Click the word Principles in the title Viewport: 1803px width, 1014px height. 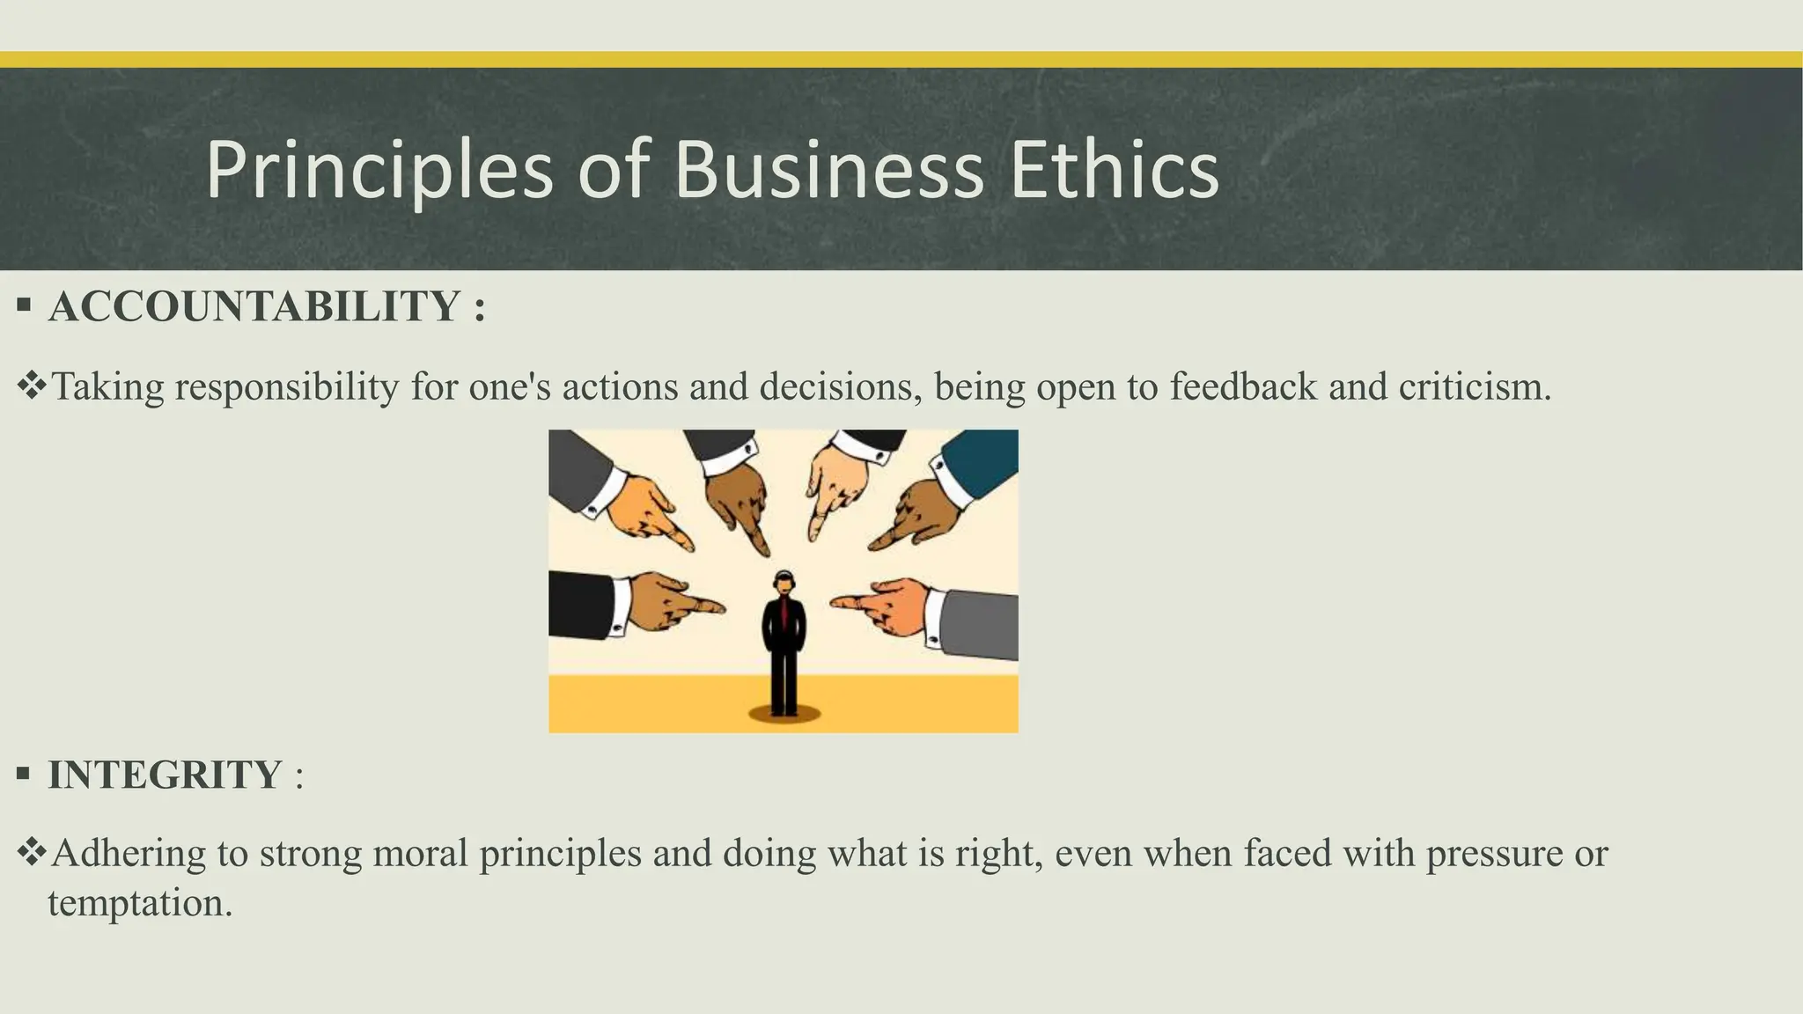click(379, 170)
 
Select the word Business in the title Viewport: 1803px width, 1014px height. click(828, 170)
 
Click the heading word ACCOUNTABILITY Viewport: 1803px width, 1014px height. click(254, 307)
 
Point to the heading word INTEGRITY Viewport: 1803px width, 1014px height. click(165, 775)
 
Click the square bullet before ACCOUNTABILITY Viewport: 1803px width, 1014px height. click(24, 306)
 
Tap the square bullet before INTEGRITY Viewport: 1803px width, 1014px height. click(24, 775)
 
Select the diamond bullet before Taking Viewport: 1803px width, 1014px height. click(32, 386)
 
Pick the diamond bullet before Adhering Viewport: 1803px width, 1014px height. click(32, 852)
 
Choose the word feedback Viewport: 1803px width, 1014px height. click(1243, 387)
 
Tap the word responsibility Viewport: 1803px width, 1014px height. click(287, 387)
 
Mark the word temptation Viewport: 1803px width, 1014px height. click(139, 903)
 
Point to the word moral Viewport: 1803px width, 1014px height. click(420, 854)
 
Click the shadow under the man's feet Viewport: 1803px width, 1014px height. click(784, 714)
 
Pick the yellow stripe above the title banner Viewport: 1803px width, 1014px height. click(901, 59)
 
